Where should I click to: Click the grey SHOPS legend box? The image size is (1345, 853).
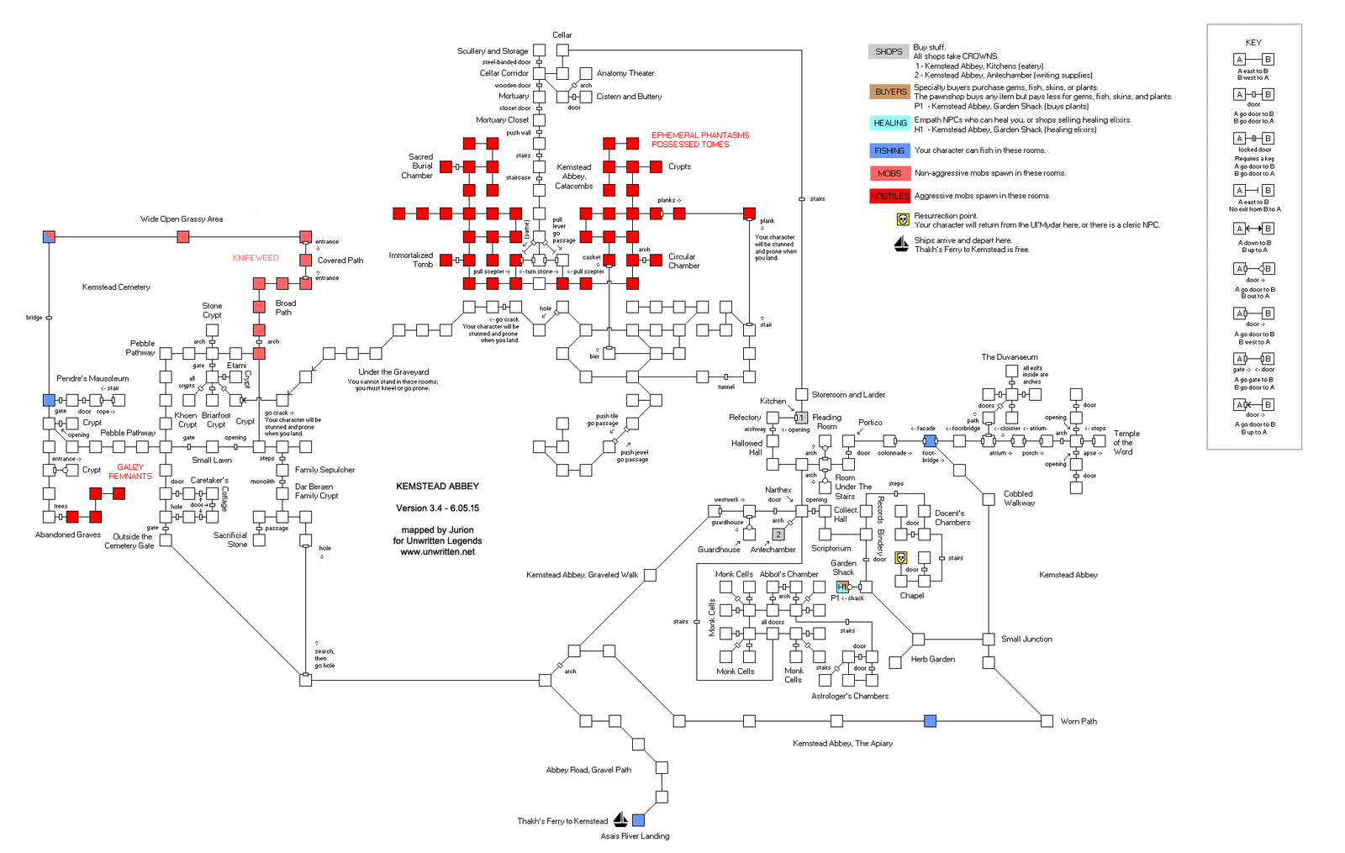889,51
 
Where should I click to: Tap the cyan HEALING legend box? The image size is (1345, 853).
889,123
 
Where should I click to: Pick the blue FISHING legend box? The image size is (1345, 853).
889,150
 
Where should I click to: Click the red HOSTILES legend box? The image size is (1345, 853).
889,196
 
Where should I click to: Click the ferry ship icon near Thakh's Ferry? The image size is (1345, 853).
620,819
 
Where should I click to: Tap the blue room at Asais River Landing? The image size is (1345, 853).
638,819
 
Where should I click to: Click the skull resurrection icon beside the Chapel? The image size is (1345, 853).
900,557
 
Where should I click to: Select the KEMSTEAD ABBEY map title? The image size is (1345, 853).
437,486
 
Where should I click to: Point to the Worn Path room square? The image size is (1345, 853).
1047,720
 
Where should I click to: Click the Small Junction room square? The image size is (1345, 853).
989,639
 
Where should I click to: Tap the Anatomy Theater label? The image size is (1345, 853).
625,73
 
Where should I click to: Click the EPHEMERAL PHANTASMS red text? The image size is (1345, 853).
700,135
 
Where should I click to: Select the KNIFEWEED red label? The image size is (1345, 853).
256,258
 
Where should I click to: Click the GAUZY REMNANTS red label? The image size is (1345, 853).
130,471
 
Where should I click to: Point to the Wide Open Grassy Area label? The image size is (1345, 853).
182,219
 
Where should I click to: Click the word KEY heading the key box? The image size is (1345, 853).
1253,42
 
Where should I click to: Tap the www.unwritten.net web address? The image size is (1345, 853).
437,552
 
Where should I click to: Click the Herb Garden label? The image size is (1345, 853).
932,659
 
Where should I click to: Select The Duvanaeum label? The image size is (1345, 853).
1010,357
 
